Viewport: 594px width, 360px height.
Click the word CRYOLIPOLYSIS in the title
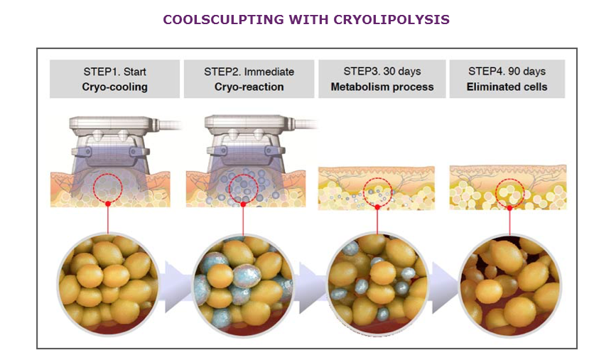point(391,19)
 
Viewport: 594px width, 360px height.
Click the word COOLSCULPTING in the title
point(224,19)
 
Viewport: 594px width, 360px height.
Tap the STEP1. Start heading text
point(115,72)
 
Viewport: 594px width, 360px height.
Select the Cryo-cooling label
point(115,87)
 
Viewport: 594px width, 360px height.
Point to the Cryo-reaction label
point(249,87)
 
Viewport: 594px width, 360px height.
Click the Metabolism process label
point(382,87)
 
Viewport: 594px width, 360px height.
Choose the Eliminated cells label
point(507,87)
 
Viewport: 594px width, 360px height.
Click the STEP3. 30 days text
point(382,71)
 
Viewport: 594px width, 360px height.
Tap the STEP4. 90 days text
point(507,71)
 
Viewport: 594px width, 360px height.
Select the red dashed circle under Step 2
point(229,188)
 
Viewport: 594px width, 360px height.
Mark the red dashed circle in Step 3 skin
point(363,192)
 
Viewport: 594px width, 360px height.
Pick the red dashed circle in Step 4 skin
point(496,193)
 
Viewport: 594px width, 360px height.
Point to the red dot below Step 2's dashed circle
point(243,204)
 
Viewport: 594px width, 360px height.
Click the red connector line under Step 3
point(377,222)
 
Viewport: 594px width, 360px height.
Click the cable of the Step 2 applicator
point(306,124)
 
